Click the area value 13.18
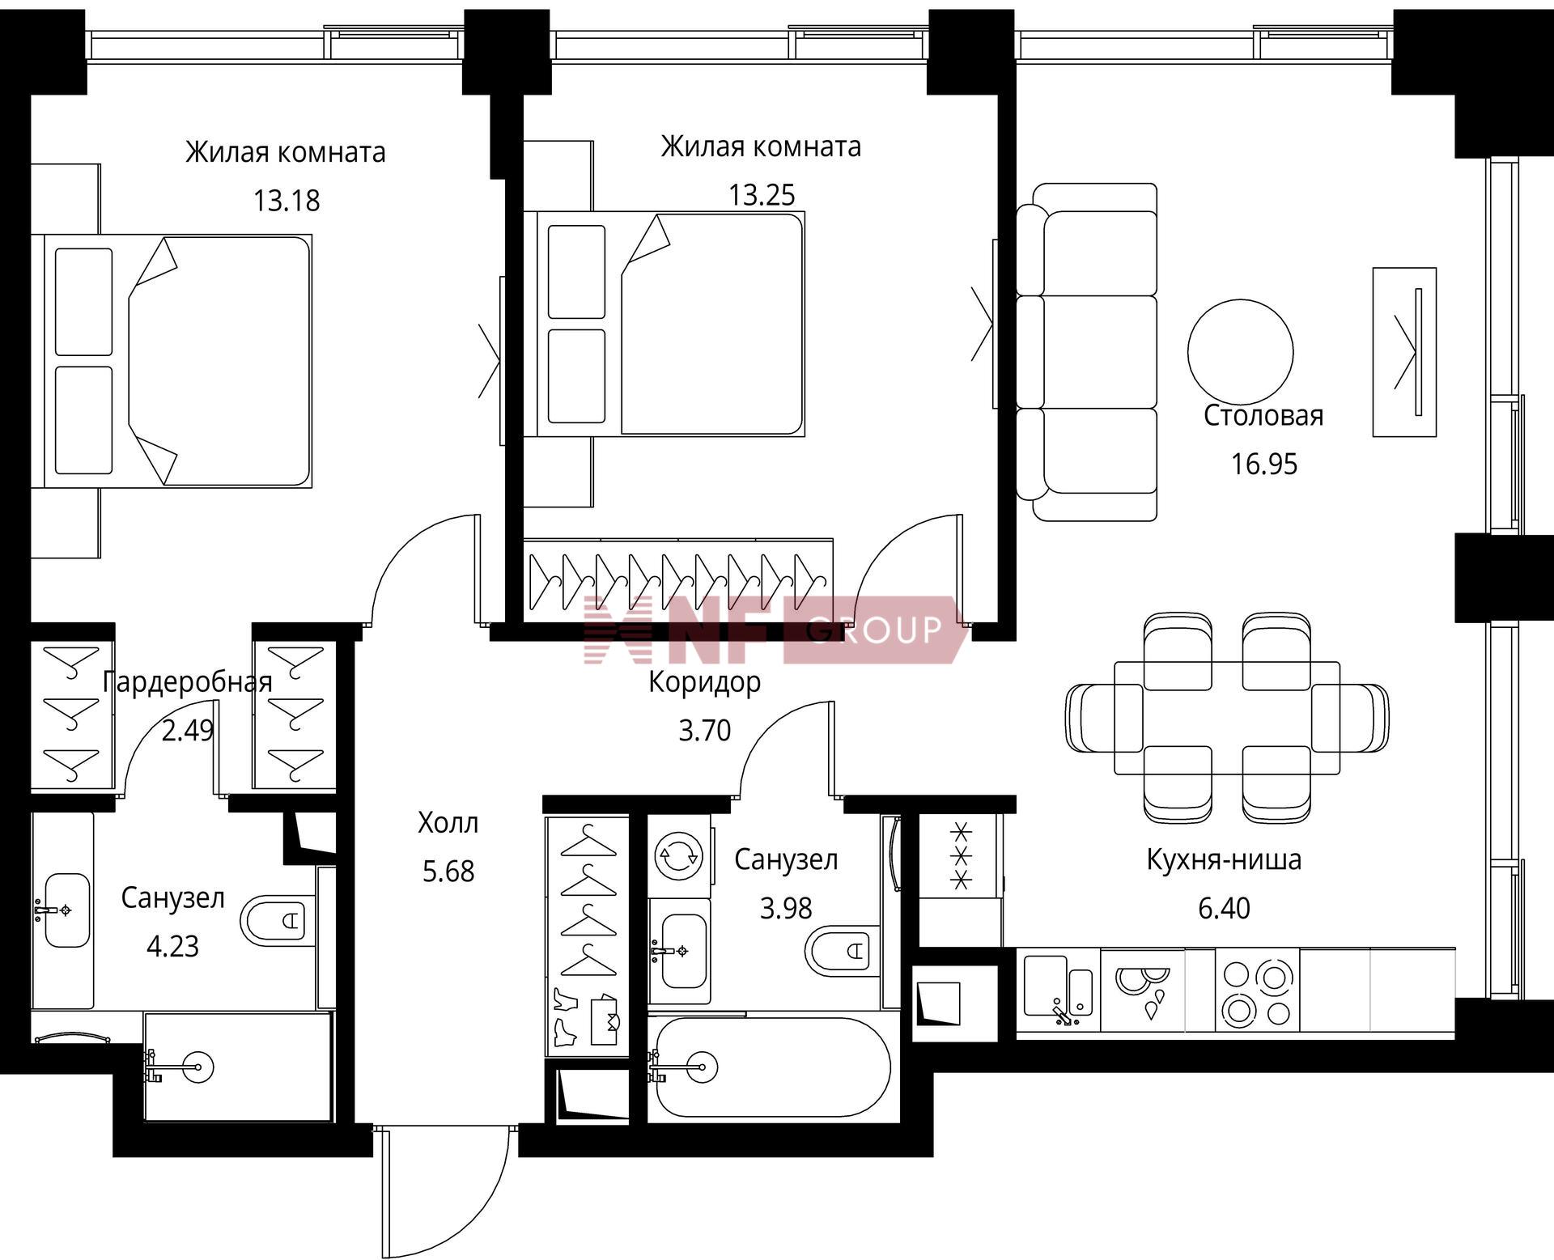(x=287, y=200)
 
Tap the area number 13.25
(x=762, y=195)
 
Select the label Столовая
(x=1263, y=415)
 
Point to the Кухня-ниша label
(x=1224, y=859)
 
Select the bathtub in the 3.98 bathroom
(x=773, y=1067)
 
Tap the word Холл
(x=448, y=823)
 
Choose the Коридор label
(x=704, y=682)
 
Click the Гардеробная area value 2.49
(x=188, y=730)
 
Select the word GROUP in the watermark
(x=875, y=630)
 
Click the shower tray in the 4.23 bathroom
(x=238, y=1067)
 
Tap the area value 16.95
(x=1263, y=464)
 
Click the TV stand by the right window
(x=1404, y=352)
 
